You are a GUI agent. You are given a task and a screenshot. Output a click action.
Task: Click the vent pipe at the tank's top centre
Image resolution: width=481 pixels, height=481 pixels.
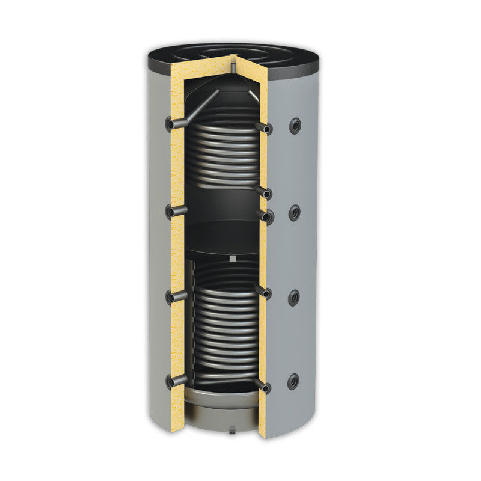232,63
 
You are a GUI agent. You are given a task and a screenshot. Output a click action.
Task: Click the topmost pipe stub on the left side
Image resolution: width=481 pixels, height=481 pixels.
176,124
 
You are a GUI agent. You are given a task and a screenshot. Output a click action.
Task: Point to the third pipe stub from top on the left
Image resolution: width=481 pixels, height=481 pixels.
176,296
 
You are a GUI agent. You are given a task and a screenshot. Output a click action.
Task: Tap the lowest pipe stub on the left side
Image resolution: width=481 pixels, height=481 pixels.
176,381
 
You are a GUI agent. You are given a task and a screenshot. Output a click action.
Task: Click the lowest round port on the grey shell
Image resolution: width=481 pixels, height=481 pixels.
293,380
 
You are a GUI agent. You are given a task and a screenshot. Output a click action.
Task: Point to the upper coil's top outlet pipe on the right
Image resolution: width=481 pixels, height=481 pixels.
263,127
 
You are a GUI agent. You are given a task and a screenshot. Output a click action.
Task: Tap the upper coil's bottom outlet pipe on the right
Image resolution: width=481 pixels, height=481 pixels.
263,192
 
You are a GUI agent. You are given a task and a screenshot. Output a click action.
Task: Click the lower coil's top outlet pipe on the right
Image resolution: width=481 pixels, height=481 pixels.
263,292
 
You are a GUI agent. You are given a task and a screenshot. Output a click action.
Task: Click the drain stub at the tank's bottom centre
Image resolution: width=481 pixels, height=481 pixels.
230,429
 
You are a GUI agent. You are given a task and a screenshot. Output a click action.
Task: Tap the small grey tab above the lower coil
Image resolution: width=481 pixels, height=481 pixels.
231,259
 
